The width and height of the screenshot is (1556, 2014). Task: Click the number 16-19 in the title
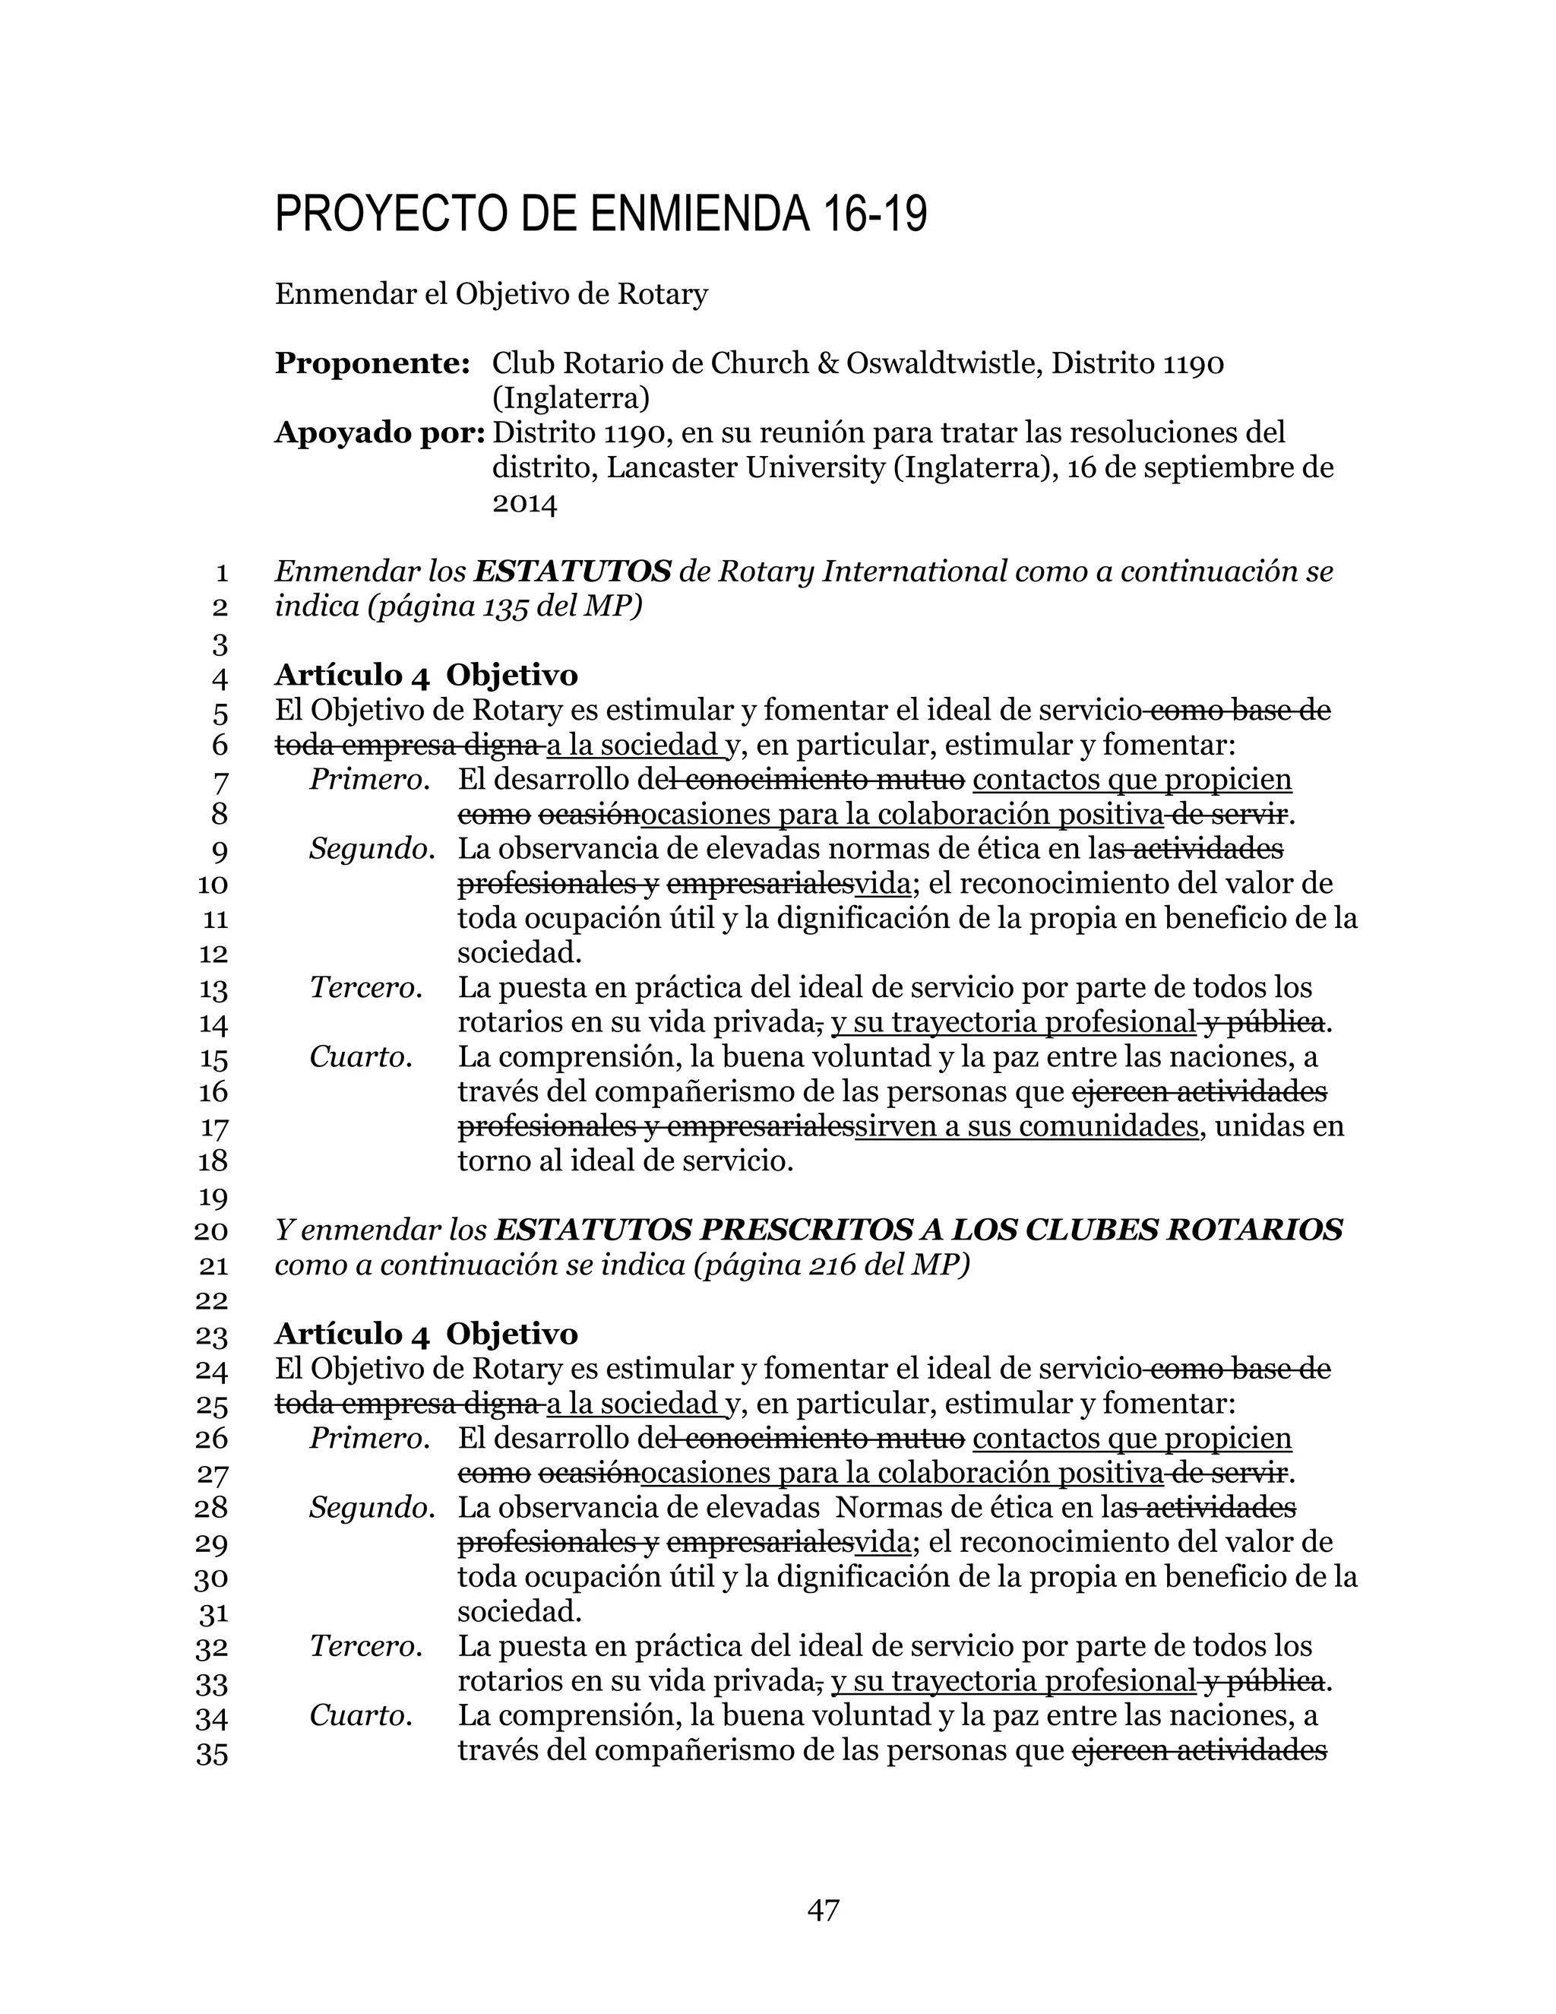pos(871,214)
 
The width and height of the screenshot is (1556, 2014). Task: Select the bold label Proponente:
pos(372,363)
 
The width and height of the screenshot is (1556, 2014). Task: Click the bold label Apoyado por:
pos(380,432)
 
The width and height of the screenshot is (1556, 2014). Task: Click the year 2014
pos(524,502)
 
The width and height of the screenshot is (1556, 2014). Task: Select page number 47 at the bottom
pos(822,1910)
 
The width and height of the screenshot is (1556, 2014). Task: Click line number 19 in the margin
pos(213,1197)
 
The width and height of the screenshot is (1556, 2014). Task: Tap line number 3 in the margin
pos(220,644)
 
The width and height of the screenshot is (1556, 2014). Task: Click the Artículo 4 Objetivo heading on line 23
pos(426,1334)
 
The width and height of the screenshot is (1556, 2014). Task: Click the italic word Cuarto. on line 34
pos(360,1715)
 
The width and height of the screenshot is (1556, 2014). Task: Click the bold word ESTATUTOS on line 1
pos(571,572)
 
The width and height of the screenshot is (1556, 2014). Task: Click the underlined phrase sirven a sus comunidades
pos(1026,1126)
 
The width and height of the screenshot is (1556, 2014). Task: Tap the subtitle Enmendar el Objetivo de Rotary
pos(492,294)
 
